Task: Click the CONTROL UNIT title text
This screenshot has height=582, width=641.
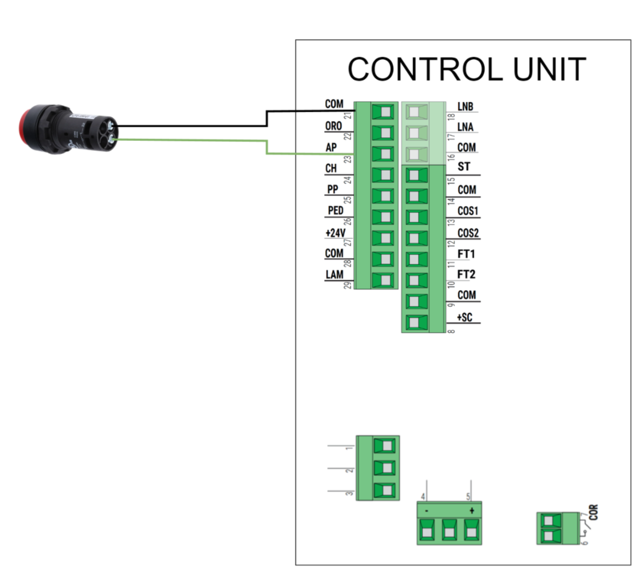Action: [x=467, y=70]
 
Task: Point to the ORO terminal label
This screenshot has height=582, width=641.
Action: [x=333, y=126]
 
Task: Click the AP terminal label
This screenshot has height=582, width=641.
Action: [x=331, y=148]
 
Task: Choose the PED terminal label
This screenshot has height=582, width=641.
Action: [x=335, y=210]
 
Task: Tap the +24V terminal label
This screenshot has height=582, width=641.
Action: [x=335, y=233]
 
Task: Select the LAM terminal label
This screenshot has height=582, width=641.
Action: [x=334, y=274]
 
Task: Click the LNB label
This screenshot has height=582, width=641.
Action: [x=465, y=106]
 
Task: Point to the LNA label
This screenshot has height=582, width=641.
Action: [x=465, y=127]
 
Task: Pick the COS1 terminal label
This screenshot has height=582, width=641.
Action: [x=468, y=211]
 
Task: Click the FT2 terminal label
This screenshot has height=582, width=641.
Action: [x=466, y=274]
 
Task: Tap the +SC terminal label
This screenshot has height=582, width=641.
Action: [x=465, y=317]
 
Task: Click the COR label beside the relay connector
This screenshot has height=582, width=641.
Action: [x=593, y=513]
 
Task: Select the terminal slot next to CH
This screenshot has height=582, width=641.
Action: [x=383, y=176]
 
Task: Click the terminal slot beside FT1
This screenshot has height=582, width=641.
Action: [x=416, y=259]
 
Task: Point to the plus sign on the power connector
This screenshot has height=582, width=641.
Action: [x=472, y=510]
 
